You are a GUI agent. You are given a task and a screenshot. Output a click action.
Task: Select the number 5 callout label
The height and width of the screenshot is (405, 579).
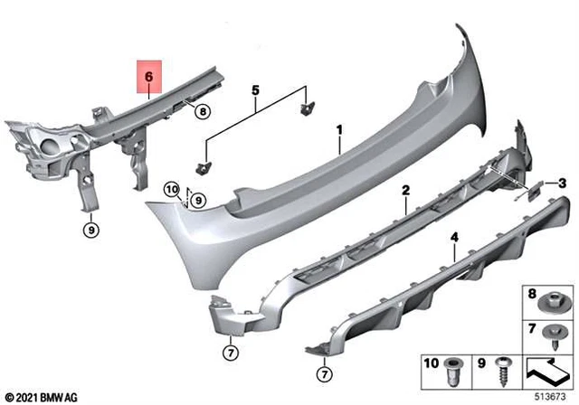[255, 90]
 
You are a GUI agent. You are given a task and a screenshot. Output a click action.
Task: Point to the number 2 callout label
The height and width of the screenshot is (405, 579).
[406, 191]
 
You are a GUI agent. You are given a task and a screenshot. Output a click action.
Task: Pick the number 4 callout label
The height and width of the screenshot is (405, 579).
[455, 238]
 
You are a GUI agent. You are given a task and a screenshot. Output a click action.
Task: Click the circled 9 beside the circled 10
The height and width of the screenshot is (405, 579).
[198, 200]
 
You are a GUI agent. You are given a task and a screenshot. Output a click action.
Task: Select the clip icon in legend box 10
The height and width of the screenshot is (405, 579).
[456, 371]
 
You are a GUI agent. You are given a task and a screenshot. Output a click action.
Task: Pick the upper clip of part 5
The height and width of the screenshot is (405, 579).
[305, 107]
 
